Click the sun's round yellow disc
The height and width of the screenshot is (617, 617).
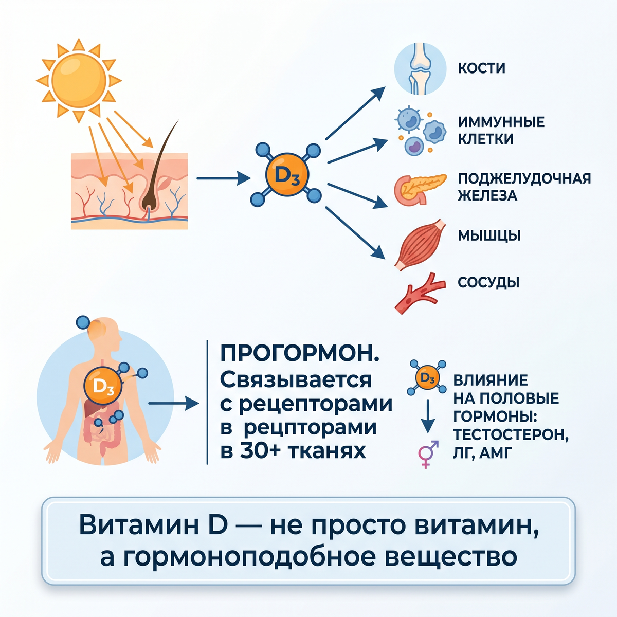click(79, 81)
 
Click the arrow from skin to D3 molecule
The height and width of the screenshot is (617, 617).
click(224, 178)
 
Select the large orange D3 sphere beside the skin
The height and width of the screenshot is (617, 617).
click(287, 175)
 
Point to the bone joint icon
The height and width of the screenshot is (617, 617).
click(420, 68)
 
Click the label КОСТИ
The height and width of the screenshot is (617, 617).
click(482, 68)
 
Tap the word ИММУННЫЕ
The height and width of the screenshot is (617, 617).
click(501, 122)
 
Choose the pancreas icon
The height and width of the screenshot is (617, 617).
click(420, 189)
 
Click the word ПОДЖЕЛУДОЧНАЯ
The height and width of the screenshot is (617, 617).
click(524, 178)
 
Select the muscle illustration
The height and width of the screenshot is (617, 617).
click(420, 245)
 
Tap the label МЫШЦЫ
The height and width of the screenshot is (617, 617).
click(489, 236)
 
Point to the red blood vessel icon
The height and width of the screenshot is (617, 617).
click(420, 293)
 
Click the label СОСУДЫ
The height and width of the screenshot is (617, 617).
click(488, 282)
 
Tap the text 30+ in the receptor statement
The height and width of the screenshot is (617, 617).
click(260, 451)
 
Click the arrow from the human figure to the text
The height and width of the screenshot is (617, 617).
click(174, 404)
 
